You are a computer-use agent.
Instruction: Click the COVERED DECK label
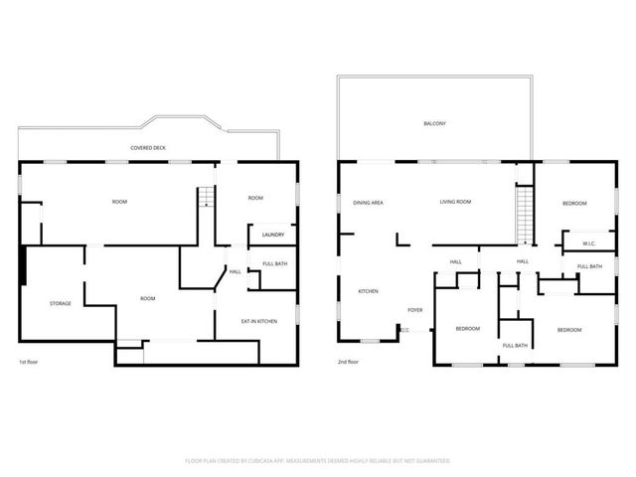(147, 148)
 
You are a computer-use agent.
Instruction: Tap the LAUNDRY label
(273, 236)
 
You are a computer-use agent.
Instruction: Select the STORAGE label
(61, 303)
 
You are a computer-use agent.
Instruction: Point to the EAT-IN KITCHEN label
(258, 321)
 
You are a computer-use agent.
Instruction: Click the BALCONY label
(433, 123)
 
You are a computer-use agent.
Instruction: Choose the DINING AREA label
(369, 203)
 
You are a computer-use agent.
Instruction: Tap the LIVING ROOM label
(455, 203)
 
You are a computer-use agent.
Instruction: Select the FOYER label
(415, 310)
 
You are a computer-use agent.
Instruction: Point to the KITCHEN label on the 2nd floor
(369, 291)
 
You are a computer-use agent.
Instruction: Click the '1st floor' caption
(30, 362)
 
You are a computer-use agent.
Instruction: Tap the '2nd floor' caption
(348, 362)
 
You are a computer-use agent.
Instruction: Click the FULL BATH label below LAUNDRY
(274, 263)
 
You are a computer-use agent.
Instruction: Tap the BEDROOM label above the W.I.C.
(574, 203)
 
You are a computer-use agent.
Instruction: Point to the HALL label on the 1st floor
(236, 271)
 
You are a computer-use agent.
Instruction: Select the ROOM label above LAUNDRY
(255, 198)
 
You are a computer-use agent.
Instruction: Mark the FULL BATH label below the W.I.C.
(589, 266)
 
